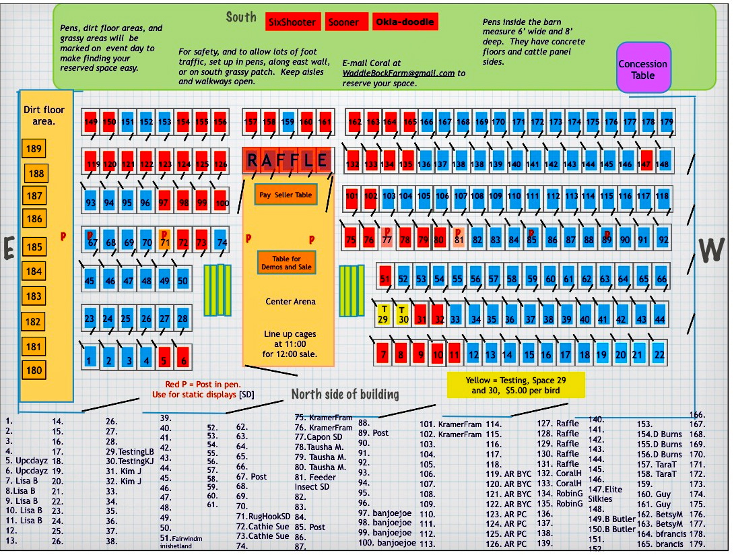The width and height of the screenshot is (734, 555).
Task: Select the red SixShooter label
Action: pos(292,22)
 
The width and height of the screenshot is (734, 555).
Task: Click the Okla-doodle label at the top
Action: pos(405,22)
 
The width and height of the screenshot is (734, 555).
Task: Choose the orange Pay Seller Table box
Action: pos(285,195)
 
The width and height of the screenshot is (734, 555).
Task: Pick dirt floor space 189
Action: pos(33,149)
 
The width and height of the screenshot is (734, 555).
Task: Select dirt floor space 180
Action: pos(33,370)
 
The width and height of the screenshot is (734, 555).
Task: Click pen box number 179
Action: pos(666,123)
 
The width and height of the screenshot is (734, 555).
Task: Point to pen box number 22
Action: pos(659,354)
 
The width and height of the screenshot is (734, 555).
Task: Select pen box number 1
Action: pos(89,360)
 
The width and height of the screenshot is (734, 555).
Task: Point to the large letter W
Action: pos(710,251)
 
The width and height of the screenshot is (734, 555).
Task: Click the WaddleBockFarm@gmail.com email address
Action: pos(399,73)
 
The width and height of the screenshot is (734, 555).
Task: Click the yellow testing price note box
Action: pos(516,385)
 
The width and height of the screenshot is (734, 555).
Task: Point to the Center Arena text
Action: pos(290,301)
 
